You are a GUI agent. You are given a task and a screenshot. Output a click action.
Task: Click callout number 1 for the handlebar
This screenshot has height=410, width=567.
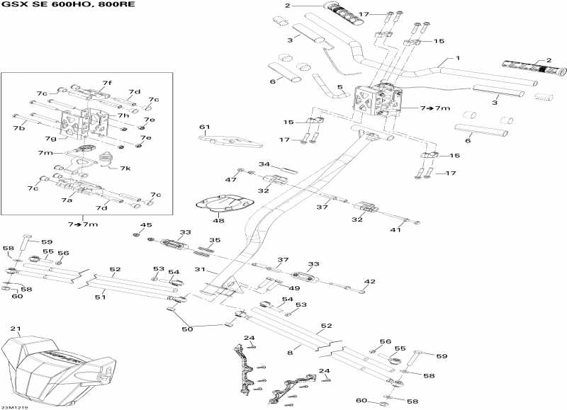pyautogui.click(x=458, y=58)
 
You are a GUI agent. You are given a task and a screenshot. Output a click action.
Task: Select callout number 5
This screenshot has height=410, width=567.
pyautogui.click(x=340, y=88)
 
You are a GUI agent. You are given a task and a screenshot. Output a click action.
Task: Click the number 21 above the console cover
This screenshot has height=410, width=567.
pyautogui.click(x=15, y=329)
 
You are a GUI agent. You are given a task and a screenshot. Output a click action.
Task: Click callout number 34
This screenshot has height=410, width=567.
pyautogui.click(x=264, y=164)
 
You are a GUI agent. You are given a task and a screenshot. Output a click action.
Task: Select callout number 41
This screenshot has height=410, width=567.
pyautogui.click(x=396, y=229)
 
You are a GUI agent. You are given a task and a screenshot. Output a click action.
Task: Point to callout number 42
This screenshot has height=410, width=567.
pyautogui.click(x=369, y=282)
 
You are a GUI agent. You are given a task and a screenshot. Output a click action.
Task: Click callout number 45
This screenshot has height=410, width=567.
pyautogui.click(x=146, y=225)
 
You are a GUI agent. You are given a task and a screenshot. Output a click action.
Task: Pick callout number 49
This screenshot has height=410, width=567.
pyautogui.click(x=294, y=287)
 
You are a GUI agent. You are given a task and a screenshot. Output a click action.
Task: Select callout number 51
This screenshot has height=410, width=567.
pyautogui.click(x=101, y=297)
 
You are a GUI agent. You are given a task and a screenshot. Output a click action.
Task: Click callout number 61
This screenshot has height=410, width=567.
pyautogui.click(x=206, y=127)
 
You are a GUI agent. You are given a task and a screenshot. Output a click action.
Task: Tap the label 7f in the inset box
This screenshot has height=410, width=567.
pyautogui.click(x=106, y=83)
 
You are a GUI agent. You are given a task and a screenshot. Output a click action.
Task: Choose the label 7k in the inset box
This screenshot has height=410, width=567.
pyautogui.click(x=125, y=169)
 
